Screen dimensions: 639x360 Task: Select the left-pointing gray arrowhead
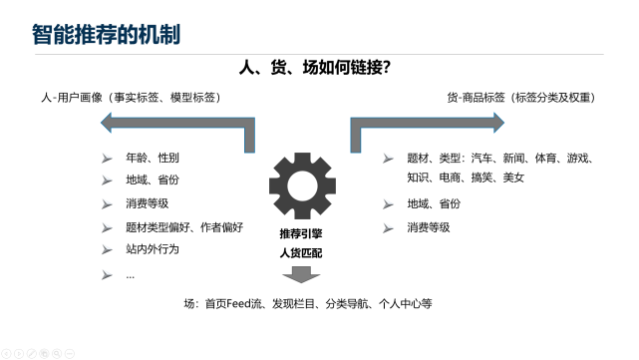coord(113,122)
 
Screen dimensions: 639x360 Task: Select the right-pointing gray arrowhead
coord(491,122)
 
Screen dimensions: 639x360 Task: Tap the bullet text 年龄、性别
coord(153,159)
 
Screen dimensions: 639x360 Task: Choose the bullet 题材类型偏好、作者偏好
coord(184,226)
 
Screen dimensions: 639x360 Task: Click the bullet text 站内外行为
coord(153,248)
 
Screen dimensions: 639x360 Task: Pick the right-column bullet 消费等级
coord(428,226)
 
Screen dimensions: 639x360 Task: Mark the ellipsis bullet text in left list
coord(131,274)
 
